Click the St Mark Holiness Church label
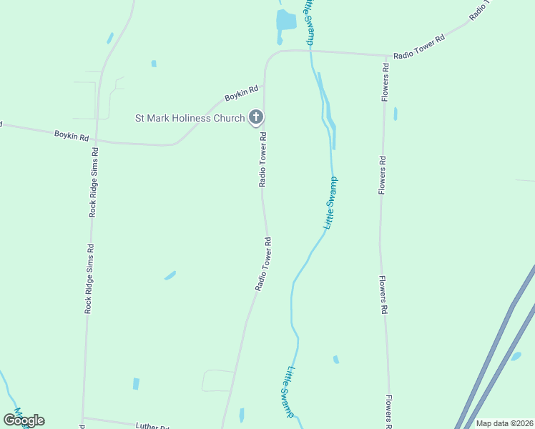[190, 118]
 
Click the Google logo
[24, 420]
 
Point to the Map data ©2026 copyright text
[505, 423]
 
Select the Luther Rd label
[154, 428]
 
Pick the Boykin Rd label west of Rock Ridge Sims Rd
[71, 136]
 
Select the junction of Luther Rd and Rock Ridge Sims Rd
[84, 418]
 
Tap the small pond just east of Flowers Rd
[396, 114]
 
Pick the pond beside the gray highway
[516, 356]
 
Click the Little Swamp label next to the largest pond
[308, 21]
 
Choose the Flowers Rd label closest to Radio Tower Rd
[385, 82]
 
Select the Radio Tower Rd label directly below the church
[262, 159]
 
